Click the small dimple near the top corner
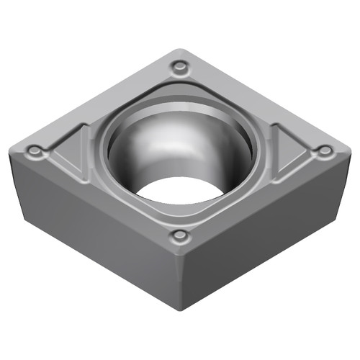tap(179, 68)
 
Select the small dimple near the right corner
tap(325, 150)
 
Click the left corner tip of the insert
tap(12, 150)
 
